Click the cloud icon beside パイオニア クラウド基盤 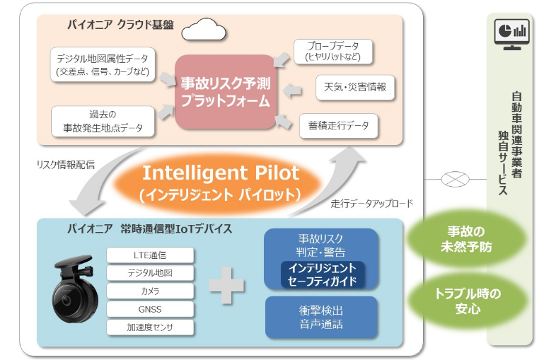coord(204,30)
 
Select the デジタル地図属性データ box coord(103,65)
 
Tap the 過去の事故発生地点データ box coord(103,122)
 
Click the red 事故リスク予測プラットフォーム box coord(226,92)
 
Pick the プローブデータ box coord(333,52)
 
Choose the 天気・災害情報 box coord(355,87)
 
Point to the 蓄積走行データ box coord(339,126)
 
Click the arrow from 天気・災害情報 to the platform coord(293,91)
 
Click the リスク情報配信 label coord(66,165)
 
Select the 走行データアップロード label coord(372,204)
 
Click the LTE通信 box coord(150,255)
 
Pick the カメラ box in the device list coord(150,291)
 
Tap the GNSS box coord(150,309)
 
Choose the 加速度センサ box coord(150,327)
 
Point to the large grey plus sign coord(226,285)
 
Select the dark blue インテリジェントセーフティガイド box coord(323,274)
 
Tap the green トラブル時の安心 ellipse coord(468,301)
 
